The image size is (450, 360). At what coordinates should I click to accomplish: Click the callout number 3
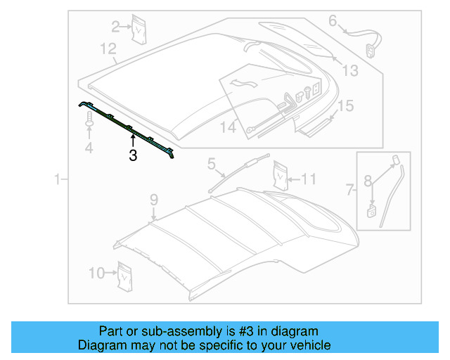[x=133, y=157]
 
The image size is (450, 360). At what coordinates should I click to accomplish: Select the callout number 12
[x=108, y=49]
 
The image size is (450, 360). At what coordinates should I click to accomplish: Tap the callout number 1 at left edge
[x=58, y=181]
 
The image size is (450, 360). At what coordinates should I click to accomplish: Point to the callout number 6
[x=333, y=21]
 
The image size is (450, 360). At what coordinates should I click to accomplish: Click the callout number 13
[x=350, y=70]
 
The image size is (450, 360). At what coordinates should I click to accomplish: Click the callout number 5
[x=211, y=165]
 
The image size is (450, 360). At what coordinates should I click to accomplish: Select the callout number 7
[x=350, y=188]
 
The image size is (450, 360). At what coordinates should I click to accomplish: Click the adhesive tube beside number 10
[x=126, y=275]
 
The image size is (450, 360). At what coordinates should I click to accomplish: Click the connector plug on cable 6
[x=370, y=49]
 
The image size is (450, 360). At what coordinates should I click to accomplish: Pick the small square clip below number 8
[x=371, y=209]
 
